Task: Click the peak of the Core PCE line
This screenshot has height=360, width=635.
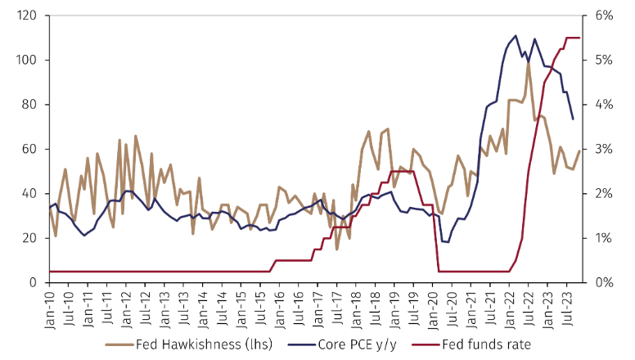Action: (x=516, y=35)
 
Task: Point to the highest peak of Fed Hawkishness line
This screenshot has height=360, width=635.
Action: (x=529, y=61)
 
